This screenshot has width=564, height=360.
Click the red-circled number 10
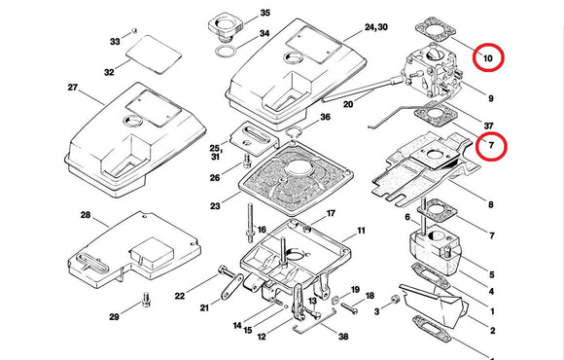coord(488,59)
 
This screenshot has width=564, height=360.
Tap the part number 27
coord(72,89)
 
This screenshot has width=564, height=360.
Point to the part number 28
coord(86,216)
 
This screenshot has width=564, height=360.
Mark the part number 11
coord(361,231)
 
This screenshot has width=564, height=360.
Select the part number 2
coord(492,332)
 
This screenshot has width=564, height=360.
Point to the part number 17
coord(331,214)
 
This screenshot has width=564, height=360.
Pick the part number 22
coord(180,295)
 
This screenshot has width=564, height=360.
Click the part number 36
coord(325,118)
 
